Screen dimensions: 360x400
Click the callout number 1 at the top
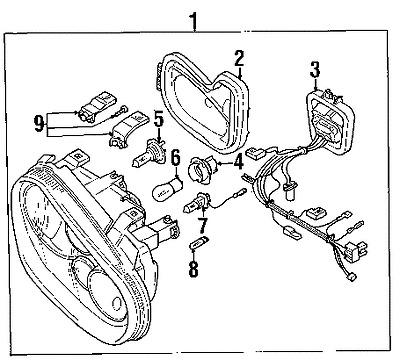coord(193,19)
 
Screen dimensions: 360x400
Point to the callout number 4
coord(239,159)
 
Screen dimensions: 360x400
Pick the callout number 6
coord(174,157)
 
